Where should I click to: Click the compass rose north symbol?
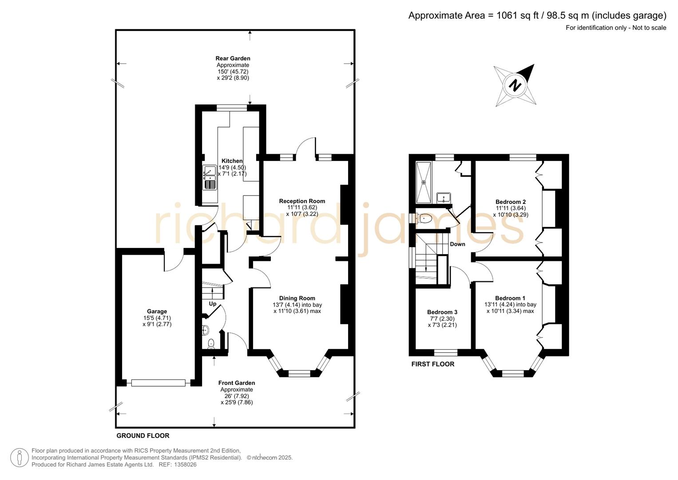515,85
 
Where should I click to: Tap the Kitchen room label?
232,161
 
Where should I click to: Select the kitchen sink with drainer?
210,177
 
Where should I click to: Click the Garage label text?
157,312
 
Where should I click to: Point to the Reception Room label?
302,201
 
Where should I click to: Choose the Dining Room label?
297,298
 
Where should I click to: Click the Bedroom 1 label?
510,298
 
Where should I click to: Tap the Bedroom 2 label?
511,202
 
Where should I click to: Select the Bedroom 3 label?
442,312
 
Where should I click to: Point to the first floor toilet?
424,219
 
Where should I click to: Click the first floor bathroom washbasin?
444,198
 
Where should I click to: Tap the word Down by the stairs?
457,244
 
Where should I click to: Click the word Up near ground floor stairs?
213,304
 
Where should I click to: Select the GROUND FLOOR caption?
143,436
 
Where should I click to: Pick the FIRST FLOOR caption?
432,364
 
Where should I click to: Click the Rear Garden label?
233,58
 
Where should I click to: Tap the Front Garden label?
236,383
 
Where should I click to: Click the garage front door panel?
158,383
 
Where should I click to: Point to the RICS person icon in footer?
20,457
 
